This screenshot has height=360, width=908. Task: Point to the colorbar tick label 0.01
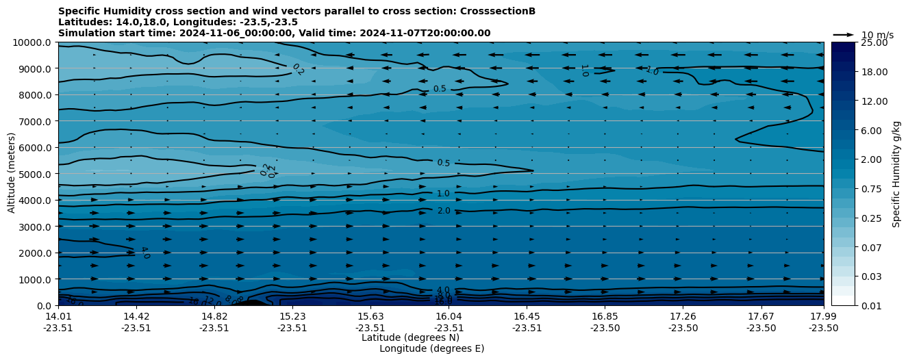(x=871, y=305)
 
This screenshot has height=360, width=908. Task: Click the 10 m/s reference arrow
(x=844, y=35)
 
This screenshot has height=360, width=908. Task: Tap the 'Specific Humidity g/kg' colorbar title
(x=896, y=174)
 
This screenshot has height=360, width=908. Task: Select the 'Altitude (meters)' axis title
(x=12, y=174)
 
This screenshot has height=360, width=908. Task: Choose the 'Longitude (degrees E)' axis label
(x=431, y=348)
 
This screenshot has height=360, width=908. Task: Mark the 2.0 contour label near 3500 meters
(x=444, y=211)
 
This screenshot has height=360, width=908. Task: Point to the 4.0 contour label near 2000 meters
(x=144, y=253)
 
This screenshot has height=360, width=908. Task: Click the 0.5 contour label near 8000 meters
(x=440, y=89)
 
